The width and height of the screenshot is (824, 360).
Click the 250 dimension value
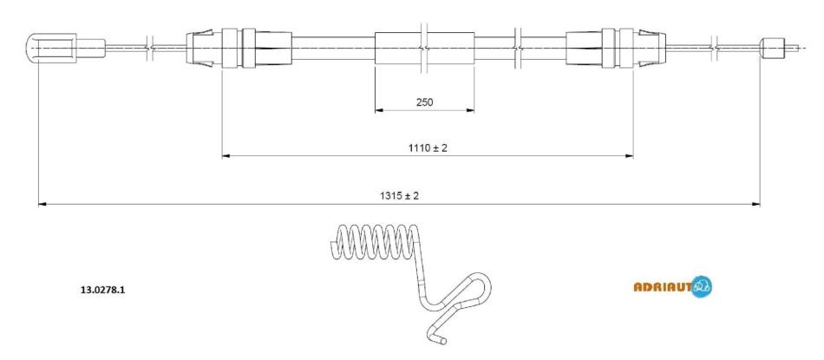coord(425,102)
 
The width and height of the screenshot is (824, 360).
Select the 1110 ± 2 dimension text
coord(428,148)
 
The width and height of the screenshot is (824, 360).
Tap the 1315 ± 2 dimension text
coord(399,196)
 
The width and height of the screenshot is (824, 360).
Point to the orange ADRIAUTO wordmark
coord(663,286)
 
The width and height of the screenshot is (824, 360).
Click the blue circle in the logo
coord(702,287)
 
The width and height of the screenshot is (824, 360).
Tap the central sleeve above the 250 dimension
coord(425,49)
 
